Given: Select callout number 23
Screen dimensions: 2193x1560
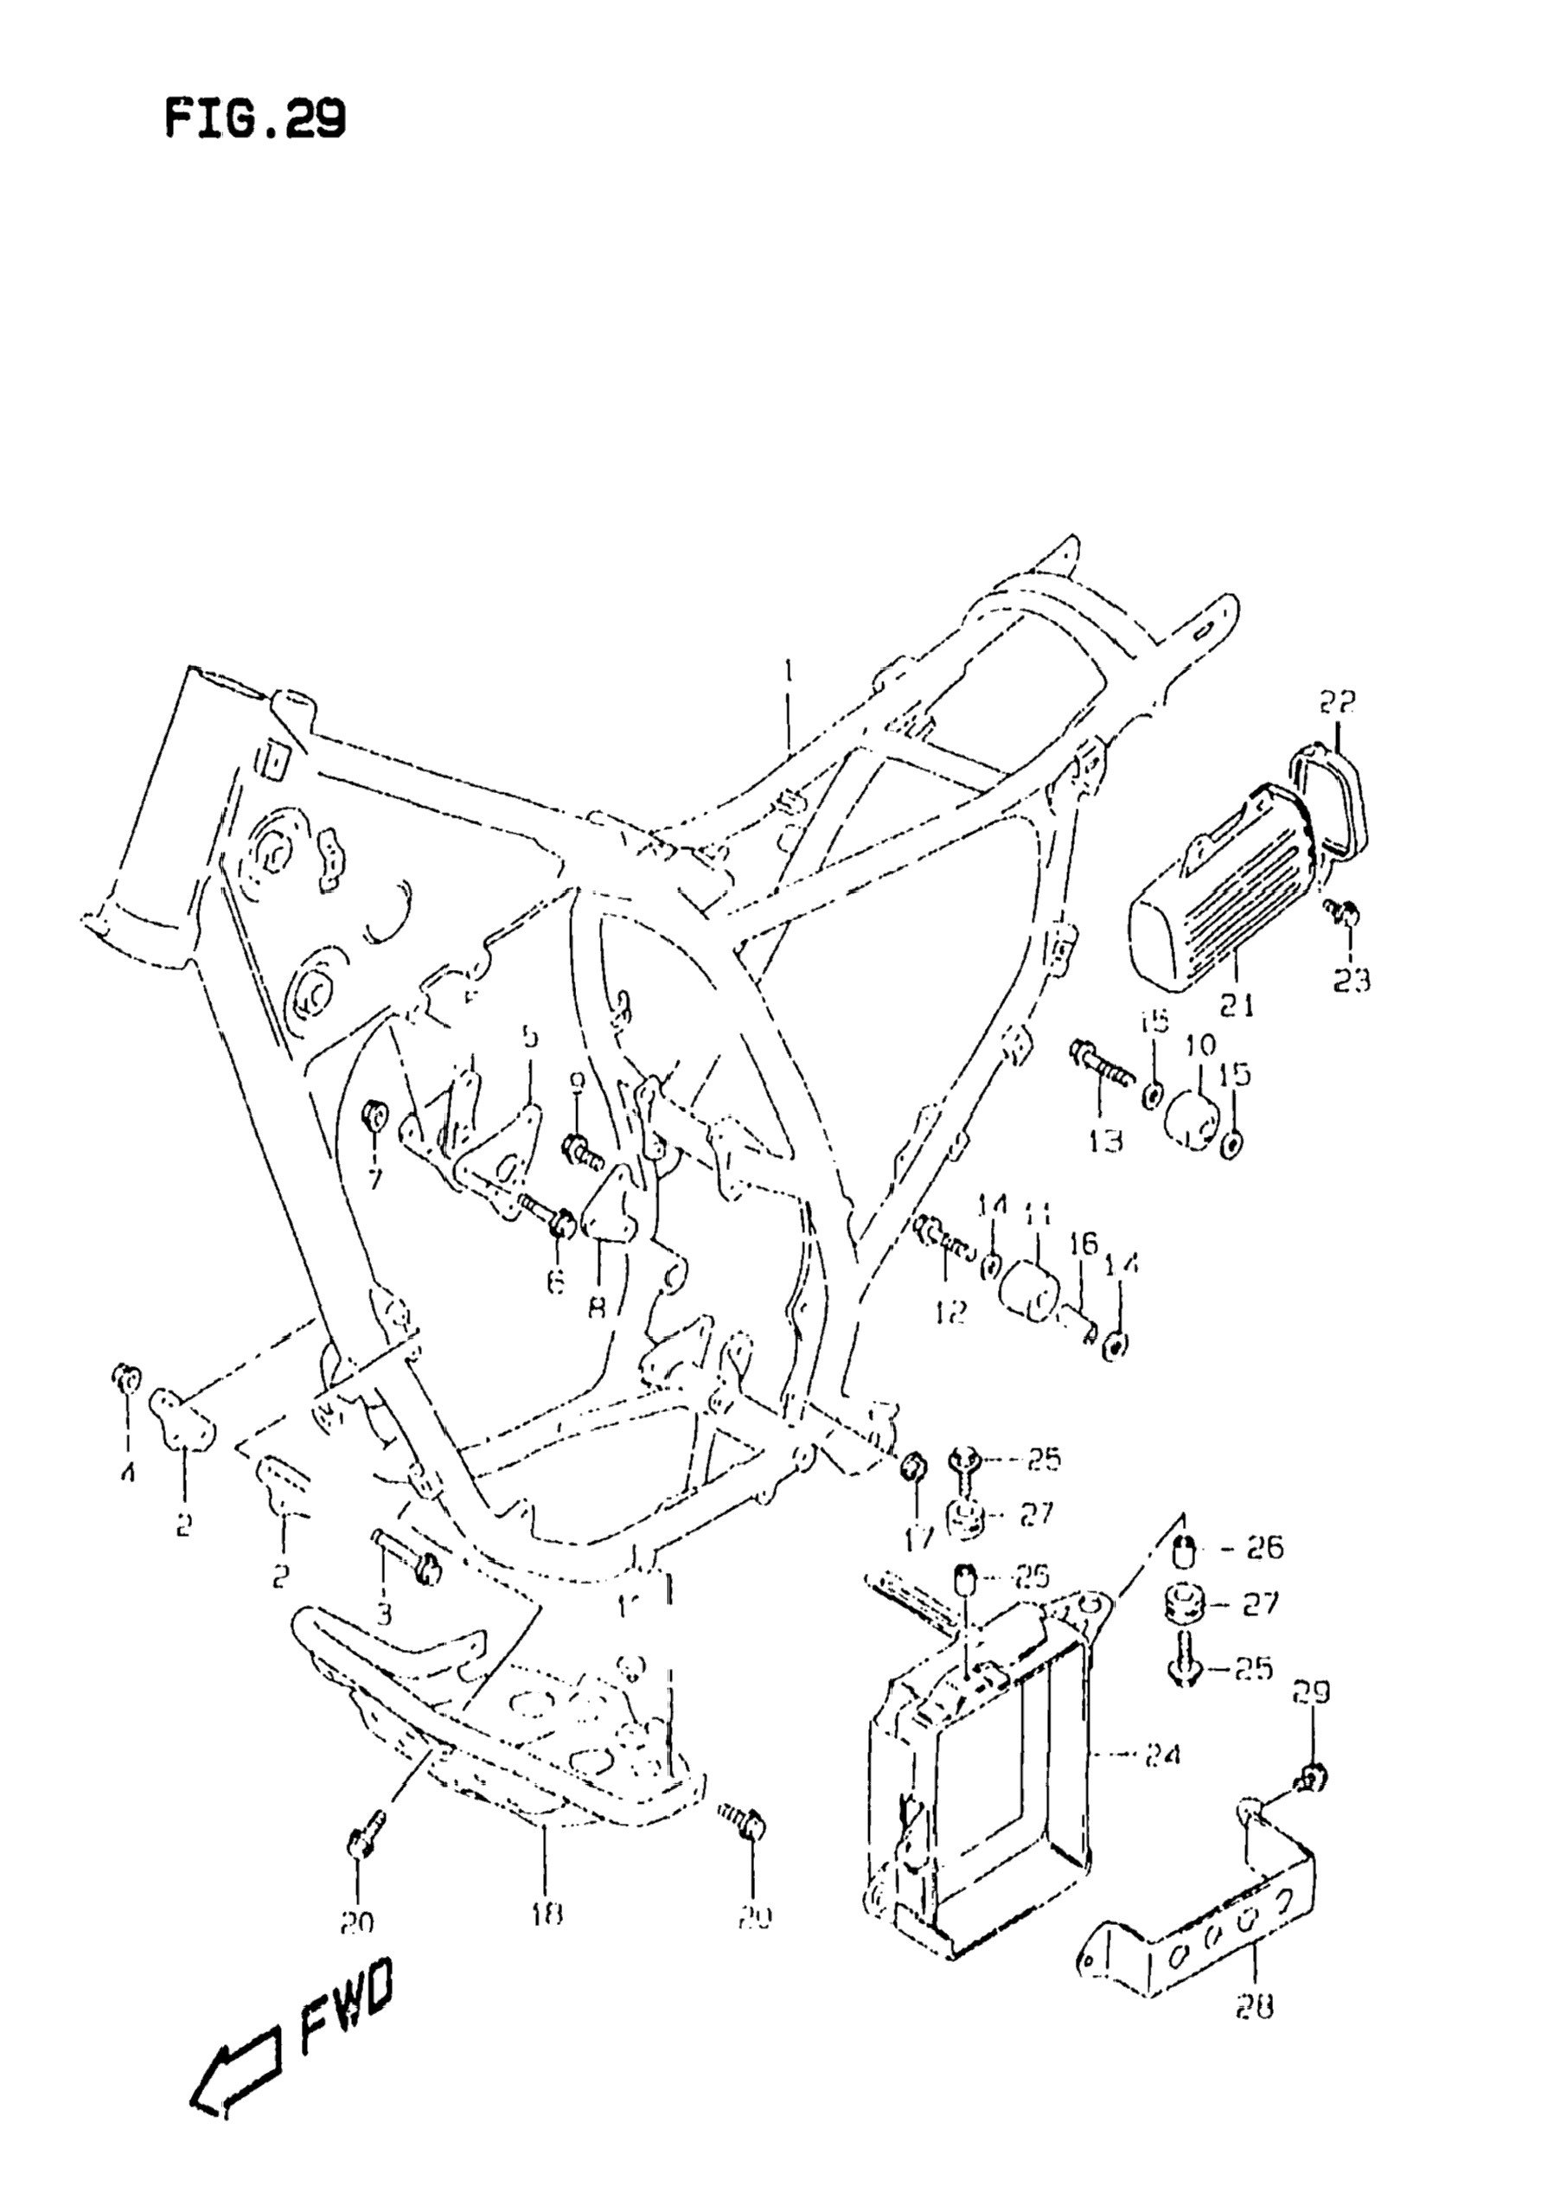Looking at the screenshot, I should [x=1350, y=981].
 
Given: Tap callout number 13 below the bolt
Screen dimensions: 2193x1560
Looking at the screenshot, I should [x=1107, y=1141].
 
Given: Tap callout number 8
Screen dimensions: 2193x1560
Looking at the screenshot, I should [x=597, y=1307].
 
